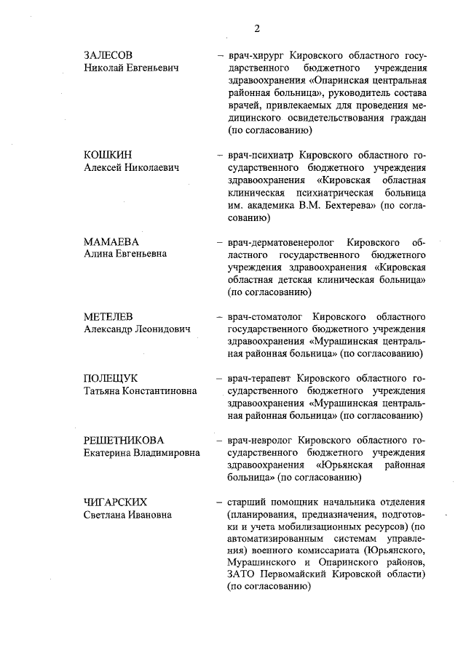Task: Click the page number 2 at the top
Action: tap(257, 28)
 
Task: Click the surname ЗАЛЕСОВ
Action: tap(110, 55)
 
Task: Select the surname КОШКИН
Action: tap(108, 155)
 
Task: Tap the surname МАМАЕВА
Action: tap(111, 241)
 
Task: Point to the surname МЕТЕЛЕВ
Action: tap(111, 316)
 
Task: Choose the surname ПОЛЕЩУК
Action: tap(111, 378)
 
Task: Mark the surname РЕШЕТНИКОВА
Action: tap(124, 440)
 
